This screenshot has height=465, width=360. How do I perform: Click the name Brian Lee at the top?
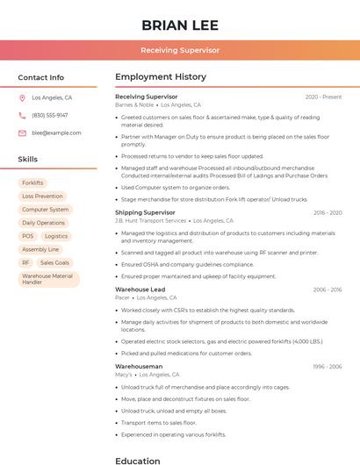pyautogui.click(x=180, y=25)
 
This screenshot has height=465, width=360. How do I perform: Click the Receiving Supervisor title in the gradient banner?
pyautogui.click(x=180, y=50)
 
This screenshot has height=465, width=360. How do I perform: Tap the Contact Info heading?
pyautogui.click(x=41, y=77)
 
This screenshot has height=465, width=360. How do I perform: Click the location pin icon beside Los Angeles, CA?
pyautogui.click(x=22, y=97)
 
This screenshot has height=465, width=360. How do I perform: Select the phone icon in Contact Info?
pyautogui.click(x=22, y=115)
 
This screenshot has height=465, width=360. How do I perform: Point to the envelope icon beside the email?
pyautogui.click(x=22, y=133)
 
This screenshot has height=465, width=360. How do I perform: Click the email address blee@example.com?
pyautogui.click(x=56, y=133)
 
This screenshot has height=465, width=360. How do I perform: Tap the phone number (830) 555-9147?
pyautogui.click(x=50, y=115)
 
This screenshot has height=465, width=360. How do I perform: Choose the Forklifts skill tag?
pyautogui.click(x=32, y=183)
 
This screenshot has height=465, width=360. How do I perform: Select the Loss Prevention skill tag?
pyautogui.click(x=42, y=197)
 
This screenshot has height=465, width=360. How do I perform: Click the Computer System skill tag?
pyautogui.click(x=45, y=210)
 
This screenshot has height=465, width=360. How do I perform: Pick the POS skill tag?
pyautogui.click(x=27, y=236)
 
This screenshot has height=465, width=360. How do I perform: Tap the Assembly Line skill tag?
pyautogui.click(x=40, y=249)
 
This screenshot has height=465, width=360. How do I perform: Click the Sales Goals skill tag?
pyautogui.click(x=54, y=262)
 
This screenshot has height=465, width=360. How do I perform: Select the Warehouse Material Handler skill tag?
pyautogui.click(x=48, y=279)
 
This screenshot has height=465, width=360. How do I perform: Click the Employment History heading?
pyautogui.click(x=160, y=77)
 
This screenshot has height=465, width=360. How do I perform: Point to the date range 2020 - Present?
pyautogui.click(x=323, y=97)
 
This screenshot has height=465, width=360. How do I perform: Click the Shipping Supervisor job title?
pyautogui.click(x=145, y=212)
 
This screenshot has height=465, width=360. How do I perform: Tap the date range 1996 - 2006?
pyautogui.click(x=328, y=366)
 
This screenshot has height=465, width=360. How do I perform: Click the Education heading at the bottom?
pyautogui.click(x=138, y=460)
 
